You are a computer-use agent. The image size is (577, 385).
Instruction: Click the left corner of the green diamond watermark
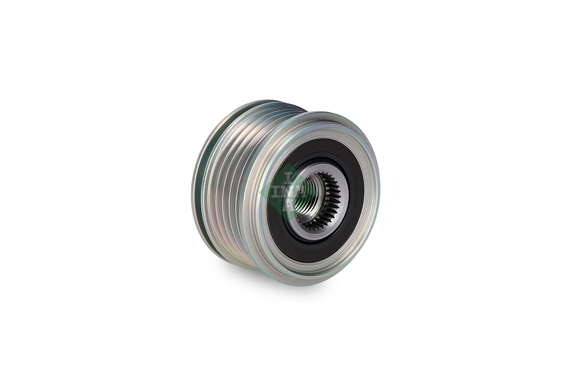pos(260,193)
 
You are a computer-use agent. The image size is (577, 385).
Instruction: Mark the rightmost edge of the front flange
pos(380,193)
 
